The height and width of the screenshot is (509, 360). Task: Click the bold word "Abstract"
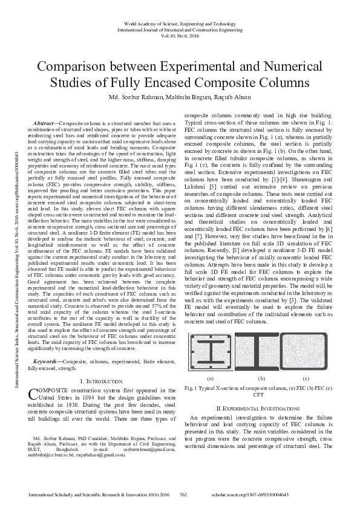45,123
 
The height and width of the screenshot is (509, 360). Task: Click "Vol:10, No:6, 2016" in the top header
180,36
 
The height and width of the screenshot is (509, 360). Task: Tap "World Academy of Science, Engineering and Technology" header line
180,22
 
